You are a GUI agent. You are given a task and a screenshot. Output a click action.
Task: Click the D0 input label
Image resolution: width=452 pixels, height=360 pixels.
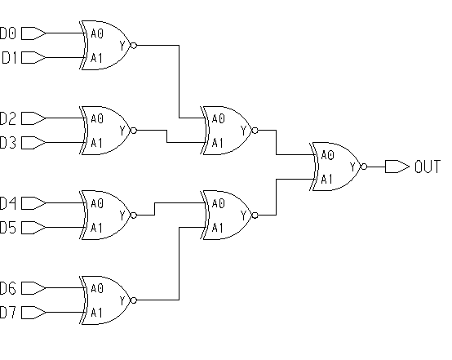8,33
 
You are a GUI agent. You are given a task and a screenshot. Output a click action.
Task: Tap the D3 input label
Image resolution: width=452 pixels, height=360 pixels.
8,143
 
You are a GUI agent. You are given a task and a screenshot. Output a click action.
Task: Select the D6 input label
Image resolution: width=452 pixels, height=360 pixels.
8,288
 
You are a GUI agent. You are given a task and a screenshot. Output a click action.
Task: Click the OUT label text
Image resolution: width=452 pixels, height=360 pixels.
428,167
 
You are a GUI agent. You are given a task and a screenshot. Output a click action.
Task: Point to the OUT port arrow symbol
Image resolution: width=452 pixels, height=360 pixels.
397,167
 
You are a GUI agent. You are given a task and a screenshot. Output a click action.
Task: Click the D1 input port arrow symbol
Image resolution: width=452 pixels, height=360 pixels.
33,58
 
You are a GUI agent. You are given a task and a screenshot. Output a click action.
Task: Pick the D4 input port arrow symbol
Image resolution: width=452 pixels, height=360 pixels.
33,203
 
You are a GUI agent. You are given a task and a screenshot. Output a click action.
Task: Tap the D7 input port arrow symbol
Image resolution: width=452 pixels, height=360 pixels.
33,313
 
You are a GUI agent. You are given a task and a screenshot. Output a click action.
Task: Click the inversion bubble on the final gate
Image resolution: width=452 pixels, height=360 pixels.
364,167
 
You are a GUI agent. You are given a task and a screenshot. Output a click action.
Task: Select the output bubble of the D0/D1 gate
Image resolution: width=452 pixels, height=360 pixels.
134,45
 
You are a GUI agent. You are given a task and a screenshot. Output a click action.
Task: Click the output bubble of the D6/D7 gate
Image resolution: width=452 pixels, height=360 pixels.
134,300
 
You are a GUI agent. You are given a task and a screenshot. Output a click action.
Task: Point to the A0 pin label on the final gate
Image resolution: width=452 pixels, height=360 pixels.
327,155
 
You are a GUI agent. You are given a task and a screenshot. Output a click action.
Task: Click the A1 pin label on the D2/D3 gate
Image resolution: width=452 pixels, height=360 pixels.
96,143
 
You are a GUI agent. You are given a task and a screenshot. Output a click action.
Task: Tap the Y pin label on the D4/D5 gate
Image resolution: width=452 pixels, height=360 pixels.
123,216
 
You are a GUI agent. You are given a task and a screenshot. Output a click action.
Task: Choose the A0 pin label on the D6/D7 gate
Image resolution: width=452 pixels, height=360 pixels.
97,288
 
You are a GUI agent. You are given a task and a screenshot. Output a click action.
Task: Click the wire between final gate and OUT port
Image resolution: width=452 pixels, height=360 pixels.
376,167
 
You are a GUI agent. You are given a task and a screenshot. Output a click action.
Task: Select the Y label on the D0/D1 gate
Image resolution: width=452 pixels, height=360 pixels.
123,46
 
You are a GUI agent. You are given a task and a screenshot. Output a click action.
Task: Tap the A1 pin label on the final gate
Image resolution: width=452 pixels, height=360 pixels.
327,180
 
